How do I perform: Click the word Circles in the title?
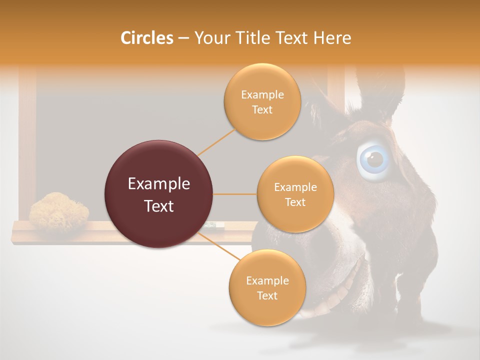[x=146, y=38]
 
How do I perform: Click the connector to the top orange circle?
[x=216, y=141]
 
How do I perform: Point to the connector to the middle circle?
[x=234, y=194]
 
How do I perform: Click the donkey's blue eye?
[x=374, y=159]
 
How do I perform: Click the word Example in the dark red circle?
[x=158, y=184]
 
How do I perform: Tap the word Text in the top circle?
[x=262, y=110]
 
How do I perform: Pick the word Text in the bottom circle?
[x=267, y=296]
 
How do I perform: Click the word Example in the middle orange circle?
[x=295, y=187]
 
